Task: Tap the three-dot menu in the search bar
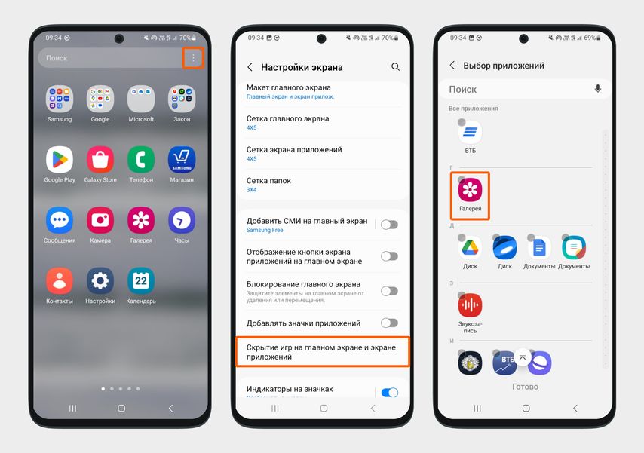coord(193,58)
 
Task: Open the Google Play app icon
coord(60,159)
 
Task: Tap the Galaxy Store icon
coord(100,159)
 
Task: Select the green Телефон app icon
coord(141,159)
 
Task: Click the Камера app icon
coord(100,220)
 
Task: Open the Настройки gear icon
coord(100,281)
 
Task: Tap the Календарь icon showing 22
coord(141,281)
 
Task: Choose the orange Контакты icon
coord(60,281)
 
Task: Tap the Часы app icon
coord(182,220)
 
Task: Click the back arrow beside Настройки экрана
coord(250,67)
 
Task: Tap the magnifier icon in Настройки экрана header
coord(396,67)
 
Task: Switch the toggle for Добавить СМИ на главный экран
coord(389,225)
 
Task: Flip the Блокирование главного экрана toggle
coord(389,291)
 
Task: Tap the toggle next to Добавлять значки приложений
coord(389,323)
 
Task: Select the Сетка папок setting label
coord(268,181)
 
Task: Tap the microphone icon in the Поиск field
coord(598,89)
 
